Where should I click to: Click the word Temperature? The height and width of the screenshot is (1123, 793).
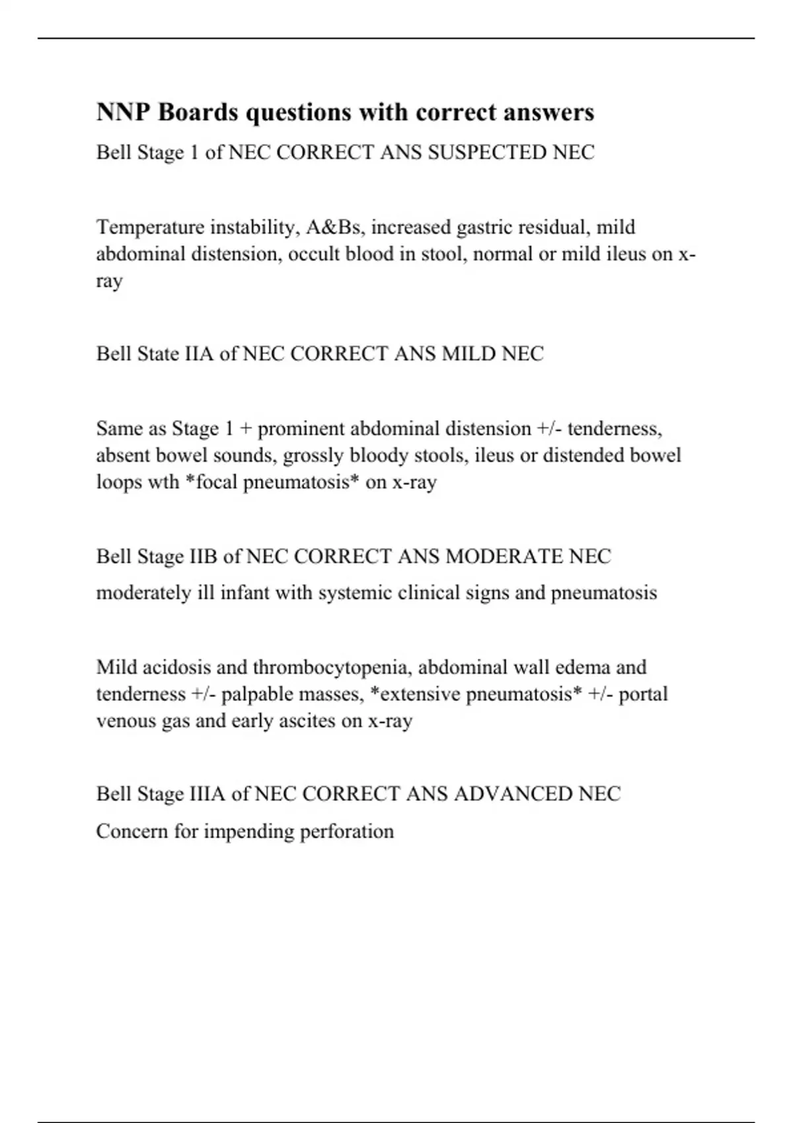point(151,227)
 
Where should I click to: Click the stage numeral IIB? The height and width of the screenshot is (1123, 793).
point(203,556)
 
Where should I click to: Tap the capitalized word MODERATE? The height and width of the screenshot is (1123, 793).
point(495,556)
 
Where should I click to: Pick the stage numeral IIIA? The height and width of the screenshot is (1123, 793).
point(207,793)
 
